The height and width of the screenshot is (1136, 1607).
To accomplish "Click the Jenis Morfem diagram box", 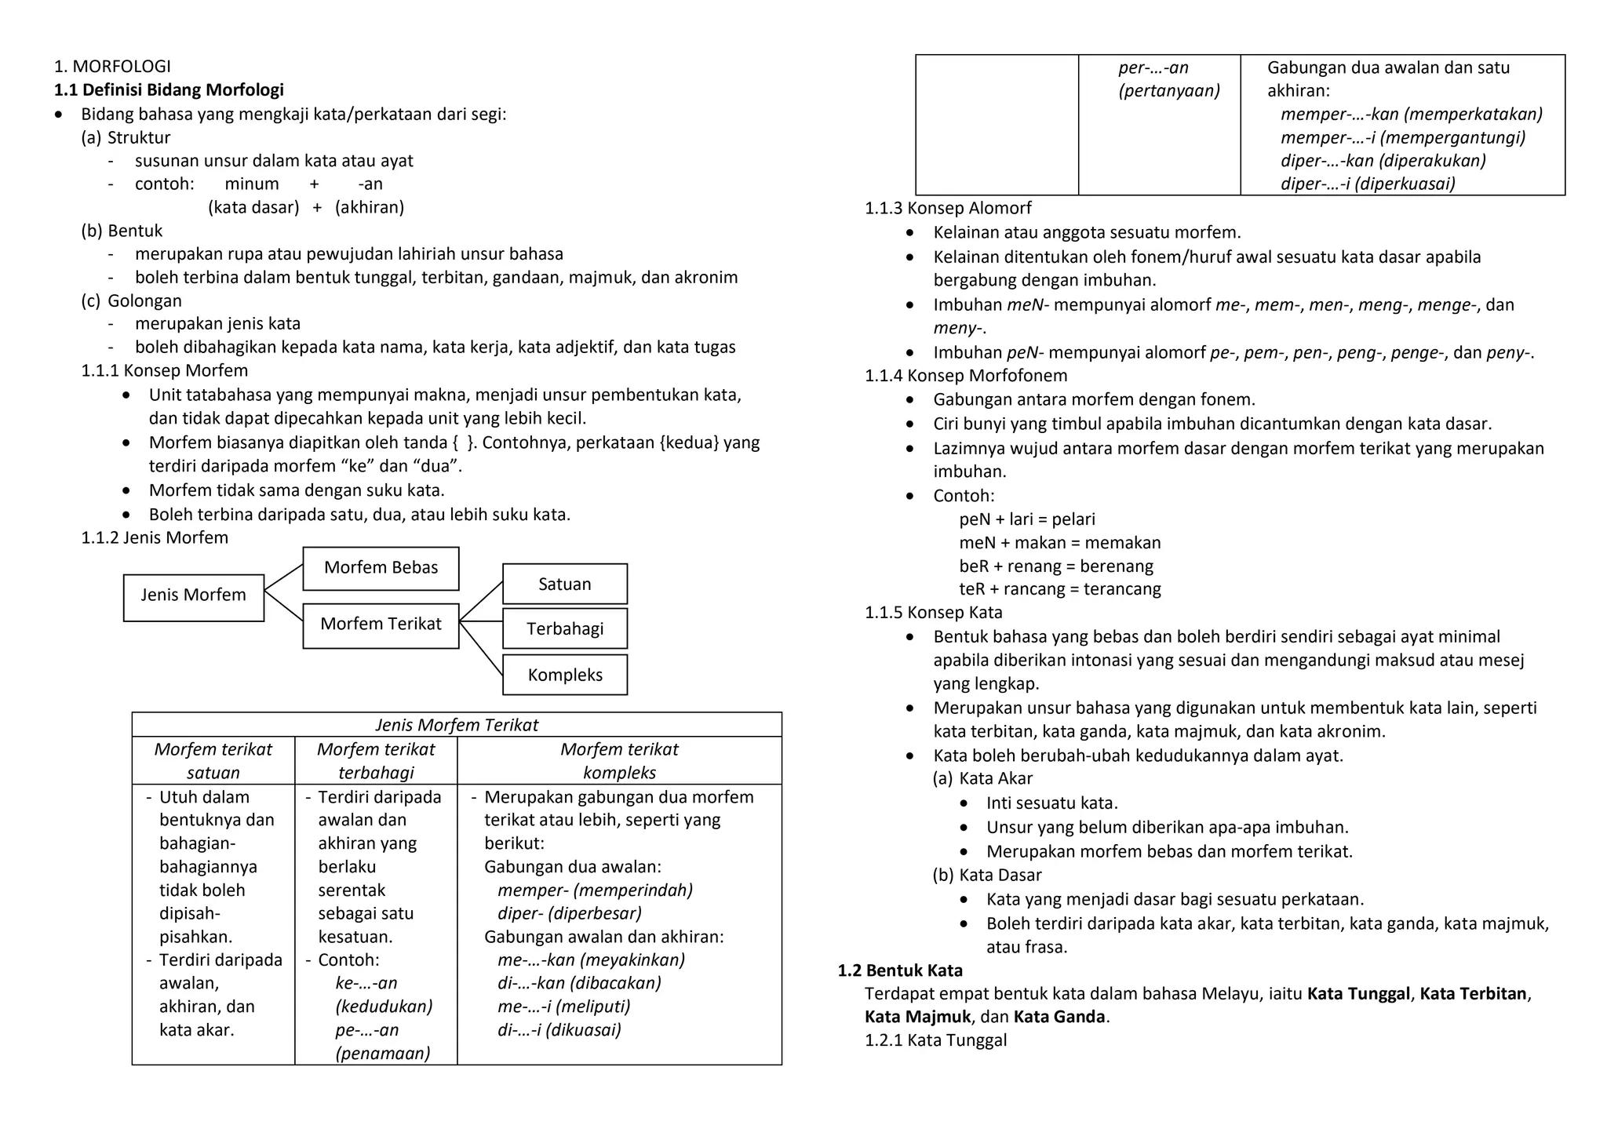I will [193, 596].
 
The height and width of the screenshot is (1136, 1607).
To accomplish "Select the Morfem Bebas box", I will [381, 568].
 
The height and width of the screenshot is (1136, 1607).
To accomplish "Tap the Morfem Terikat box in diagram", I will [381, 624].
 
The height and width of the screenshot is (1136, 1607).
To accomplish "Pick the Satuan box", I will [564, 584].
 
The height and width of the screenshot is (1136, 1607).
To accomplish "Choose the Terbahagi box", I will [564, 629].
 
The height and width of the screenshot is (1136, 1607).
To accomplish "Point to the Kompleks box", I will [564, 675].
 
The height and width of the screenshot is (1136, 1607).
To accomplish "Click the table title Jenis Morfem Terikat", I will [456, 725].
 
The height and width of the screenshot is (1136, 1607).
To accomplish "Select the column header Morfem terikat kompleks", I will [618, 760].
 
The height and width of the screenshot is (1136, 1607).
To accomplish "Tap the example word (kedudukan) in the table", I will [384, 1007].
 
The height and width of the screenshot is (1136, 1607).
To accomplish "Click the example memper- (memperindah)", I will [595, 890].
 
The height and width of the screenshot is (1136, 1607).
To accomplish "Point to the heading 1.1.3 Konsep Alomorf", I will [947, 209].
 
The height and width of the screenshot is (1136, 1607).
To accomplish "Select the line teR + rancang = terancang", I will [1059, 589].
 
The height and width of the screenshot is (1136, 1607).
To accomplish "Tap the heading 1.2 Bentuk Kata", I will [899, 970].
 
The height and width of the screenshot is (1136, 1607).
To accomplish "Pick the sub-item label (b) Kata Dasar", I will [986, 876].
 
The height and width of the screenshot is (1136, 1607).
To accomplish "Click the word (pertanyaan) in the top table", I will [1168, 91].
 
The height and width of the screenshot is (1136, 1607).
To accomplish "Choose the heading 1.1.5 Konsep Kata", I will [933, 613].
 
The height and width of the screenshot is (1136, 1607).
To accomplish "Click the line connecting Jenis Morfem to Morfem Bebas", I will [283, 577].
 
